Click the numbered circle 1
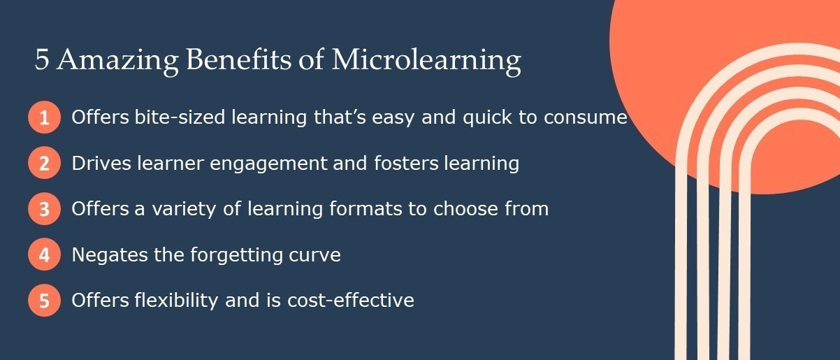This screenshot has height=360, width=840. [44, 117]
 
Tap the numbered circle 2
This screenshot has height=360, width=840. [44, 164]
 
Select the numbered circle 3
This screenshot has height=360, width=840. [44, 209]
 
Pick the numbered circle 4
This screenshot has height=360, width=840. [44, 254]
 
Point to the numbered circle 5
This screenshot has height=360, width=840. [44, 301]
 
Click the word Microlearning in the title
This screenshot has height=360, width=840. [426, 61]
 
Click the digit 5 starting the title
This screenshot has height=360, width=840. [42, 61]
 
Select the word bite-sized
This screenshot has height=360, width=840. [170, 117]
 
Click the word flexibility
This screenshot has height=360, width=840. [172, 301]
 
